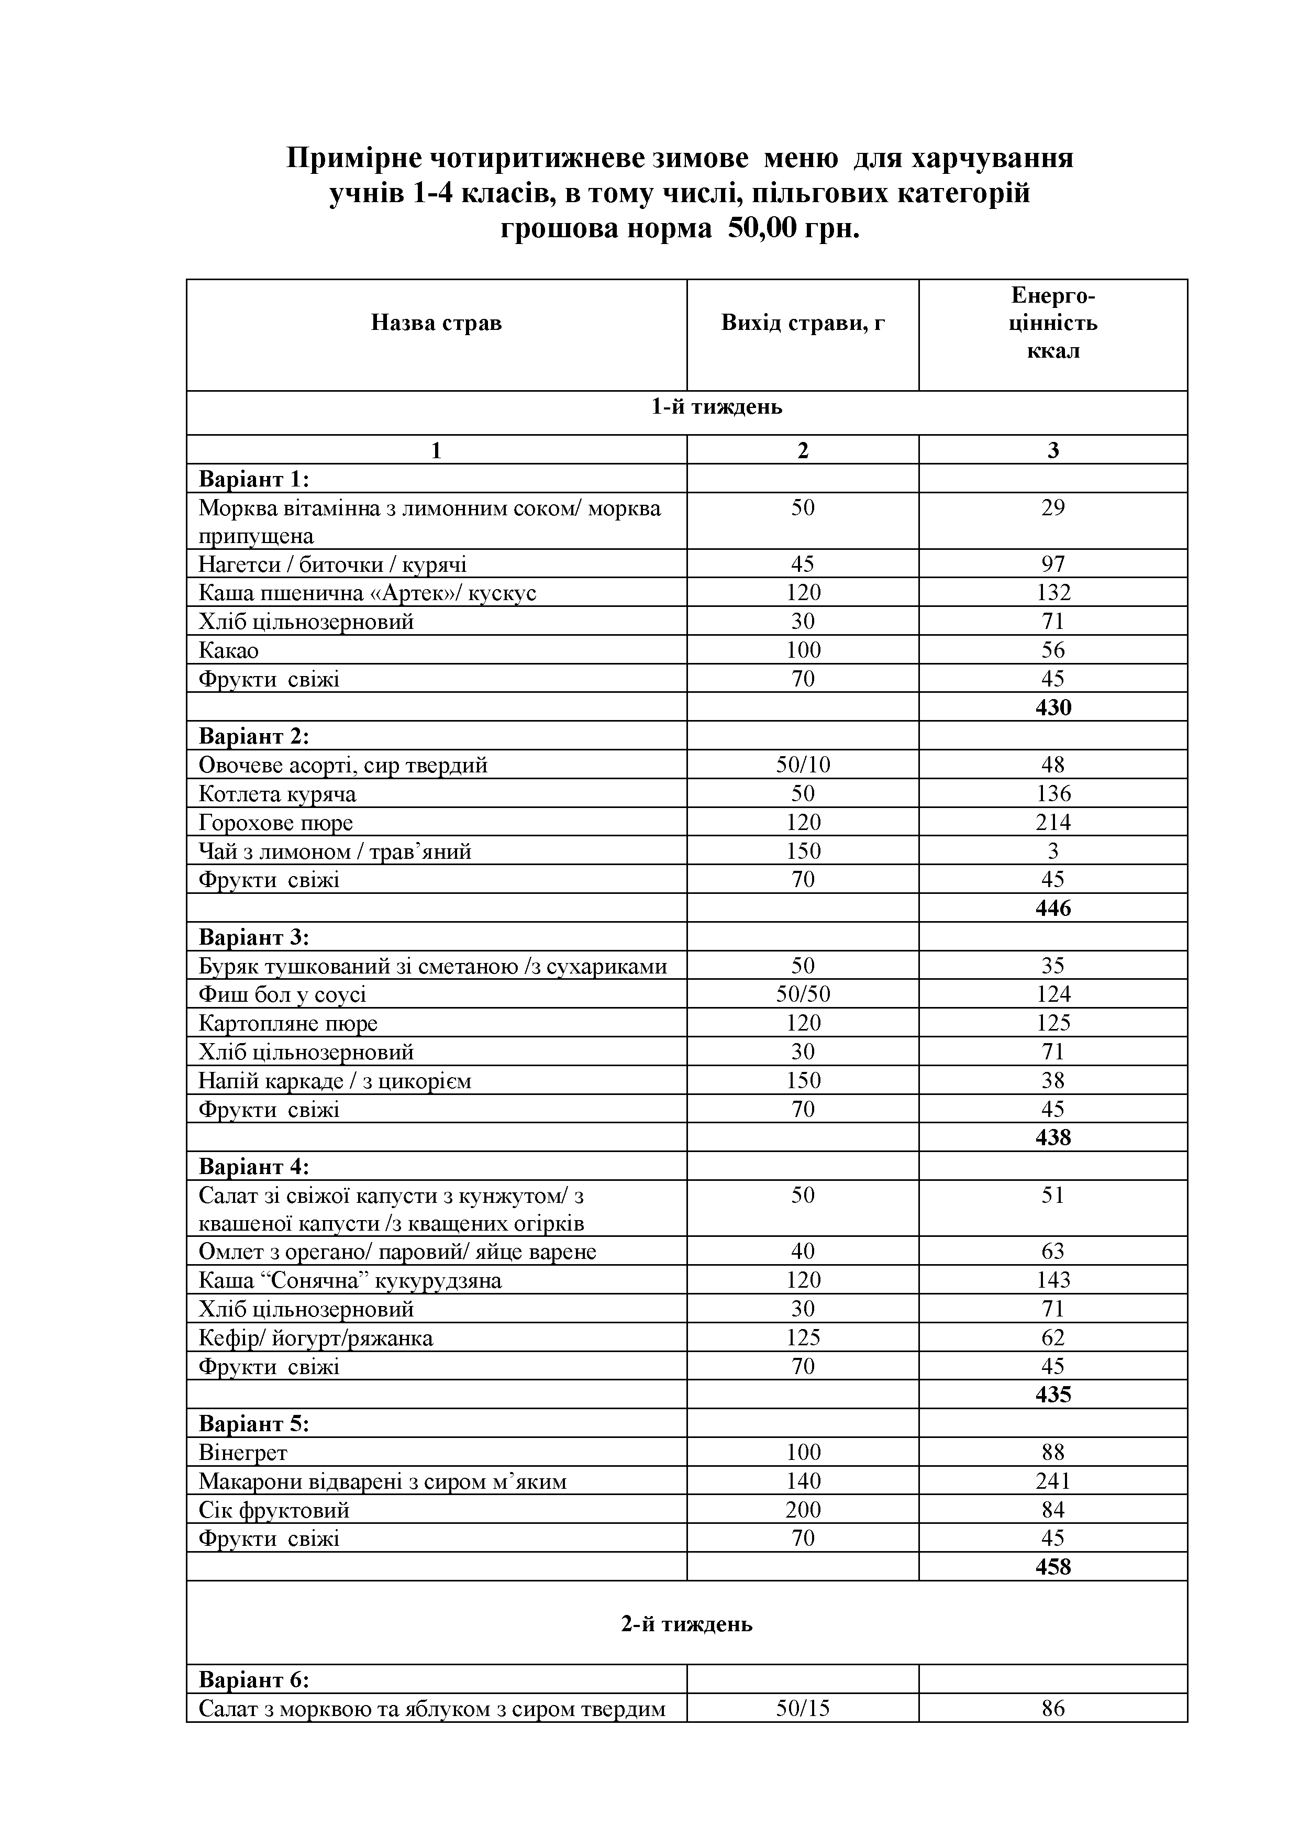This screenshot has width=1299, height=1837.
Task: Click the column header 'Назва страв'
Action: click(x=436, y=323)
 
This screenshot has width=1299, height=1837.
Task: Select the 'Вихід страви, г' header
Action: click(x=802, y=323)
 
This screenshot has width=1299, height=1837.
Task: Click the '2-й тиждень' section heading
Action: click(x=687, y=1624)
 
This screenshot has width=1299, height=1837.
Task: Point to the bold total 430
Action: click(x=1052, y=707)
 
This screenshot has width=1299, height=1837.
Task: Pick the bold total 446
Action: click(x=1052, y=908)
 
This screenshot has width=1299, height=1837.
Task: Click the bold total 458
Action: click(x=1052, y=1567)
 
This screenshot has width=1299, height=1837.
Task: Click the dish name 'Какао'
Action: click(x=229, y=650)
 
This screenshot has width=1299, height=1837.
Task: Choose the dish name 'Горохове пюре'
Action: click(x=275, y=823)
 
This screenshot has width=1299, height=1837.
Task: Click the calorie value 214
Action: click(x=1052, y=823)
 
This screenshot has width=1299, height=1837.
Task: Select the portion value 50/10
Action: click(x=802, y=765)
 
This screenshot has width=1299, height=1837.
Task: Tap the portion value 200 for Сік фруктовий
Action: click(x=802, y=1510)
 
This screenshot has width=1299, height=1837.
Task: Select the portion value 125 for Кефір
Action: click(x=802, y=1338)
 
